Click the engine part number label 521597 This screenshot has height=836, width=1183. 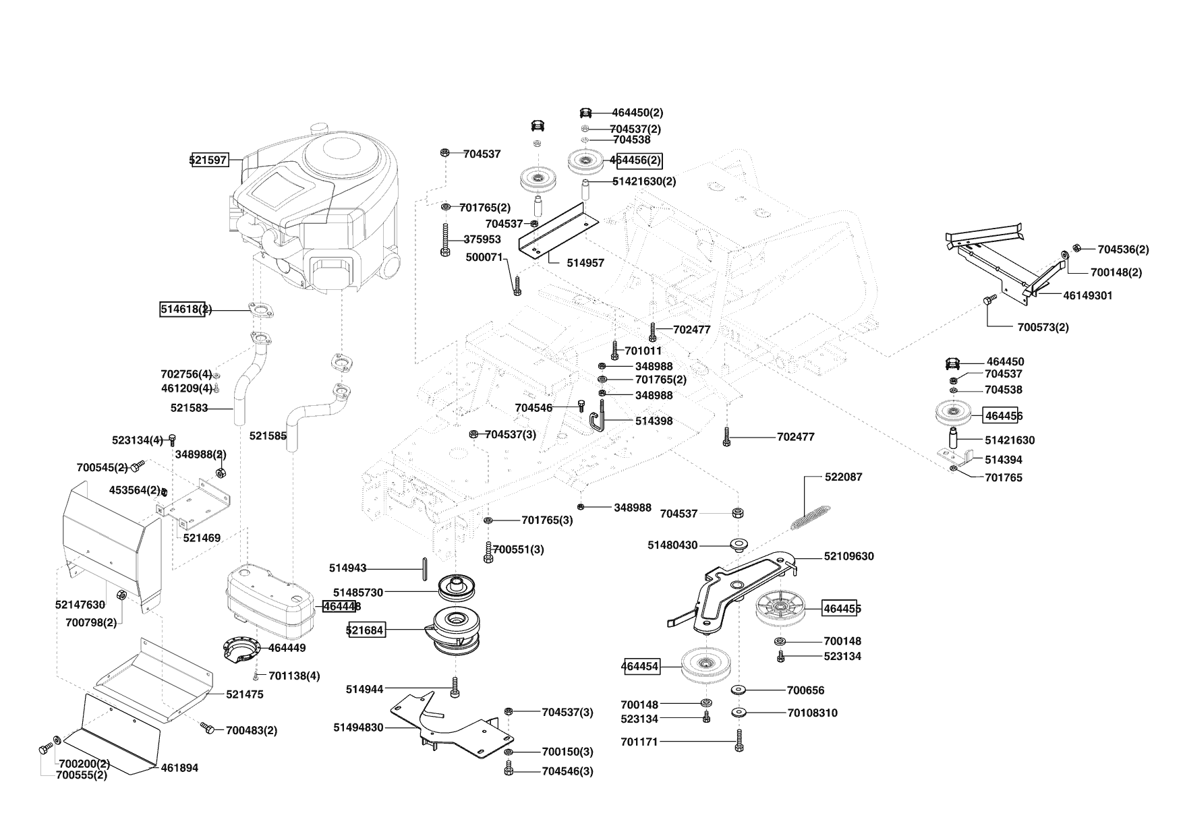point(208,160)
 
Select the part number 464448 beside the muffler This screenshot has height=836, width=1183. point(342,606)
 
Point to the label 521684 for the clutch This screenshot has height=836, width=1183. point(365,630)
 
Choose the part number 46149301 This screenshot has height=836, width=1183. point(1087,295)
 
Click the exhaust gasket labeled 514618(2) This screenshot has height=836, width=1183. point(262,310)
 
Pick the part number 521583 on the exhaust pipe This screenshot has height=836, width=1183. point(189,408)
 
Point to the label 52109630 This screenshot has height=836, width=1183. point(848,556)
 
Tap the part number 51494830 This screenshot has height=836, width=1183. point(358,727)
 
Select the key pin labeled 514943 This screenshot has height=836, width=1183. point(425,568)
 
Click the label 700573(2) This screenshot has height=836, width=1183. point(1043,328)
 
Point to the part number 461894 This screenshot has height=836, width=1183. point(179,768)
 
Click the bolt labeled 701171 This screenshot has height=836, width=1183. point(739,742)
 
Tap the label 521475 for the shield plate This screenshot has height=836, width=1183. point(245,694)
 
